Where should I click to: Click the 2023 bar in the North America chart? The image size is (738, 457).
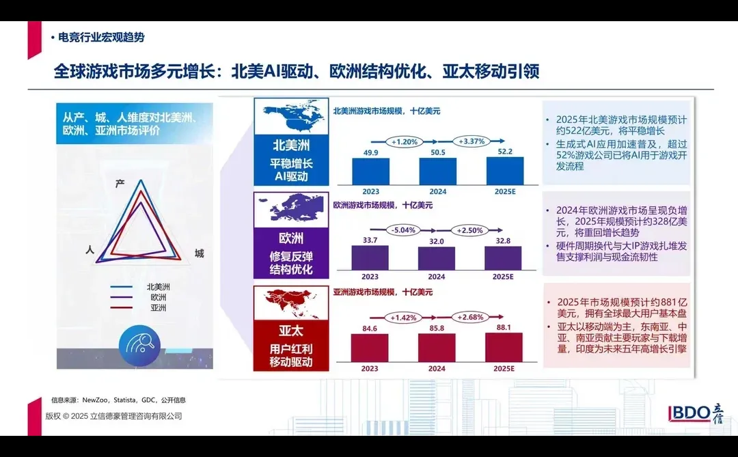370,171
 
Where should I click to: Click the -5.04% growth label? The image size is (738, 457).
404,230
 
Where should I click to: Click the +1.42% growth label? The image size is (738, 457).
404,317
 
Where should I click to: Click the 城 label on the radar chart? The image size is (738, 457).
199,253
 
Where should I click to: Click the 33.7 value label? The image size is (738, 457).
370,240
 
